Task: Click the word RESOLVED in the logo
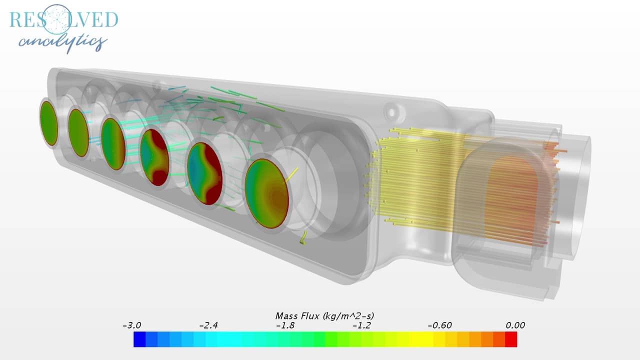63,19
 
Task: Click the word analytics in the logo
63,42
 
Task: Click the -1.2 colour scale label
362,325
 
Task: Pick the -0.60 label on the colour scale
439,325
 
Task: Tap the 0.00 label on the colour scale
514,325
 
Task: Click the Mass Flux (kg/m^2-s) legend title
324,316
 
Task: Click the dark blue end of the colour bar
139,339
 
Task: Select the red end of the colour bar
511,339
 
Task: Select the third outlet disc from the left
113,143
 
